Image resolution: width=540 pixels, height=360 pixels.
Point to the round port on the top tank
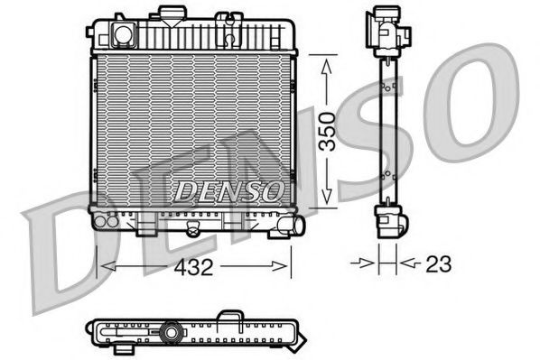(120, 34)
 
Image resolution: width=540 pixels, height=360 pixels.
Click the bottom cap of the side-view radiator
(387, 221)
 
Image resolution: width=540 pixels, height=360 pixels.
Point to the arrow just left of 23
(367, 264)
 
